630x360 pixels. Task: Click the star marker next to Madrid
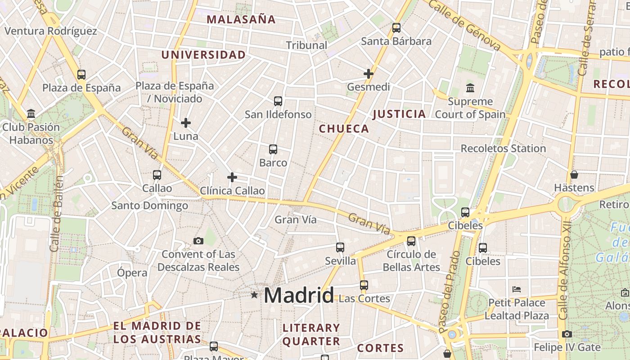coord(254,295)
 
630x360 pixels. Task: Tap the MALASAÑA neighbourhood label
coord(241,19)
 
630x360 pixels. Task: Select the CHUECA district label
coord(344,129)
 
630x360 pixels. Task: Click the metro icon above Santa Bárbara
coord(396,28)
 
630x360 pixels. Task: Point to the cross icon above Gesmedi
coord(369,73)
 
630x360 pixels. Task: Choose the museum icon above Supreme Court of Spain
coord(470,88)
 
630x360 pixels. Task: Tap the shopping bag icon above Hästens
coord(574,175)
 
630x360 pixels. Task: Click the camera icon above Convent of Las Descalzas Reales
coord(198,241)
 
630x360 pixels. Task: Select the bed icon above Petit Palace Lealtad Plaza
coord(517,289)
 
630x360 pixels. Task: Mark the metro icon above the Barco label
coord(273,149)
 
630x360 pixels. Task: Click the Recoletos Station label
coord(503,148)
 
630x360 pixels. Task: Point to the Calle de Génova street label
coord(464,25)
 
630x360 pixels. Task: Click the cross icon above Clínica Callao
coord(232,177)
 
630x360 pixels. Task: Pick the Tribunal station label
coord(306,45)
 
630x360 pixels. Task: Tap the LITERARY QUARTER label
coord(311,334)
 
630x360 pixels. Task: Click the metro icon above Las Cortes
coord(364,285)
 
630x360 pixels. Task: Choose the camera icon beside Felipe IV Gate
coord(567,334)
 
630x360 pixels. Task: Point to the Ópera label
coord(132,273)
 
